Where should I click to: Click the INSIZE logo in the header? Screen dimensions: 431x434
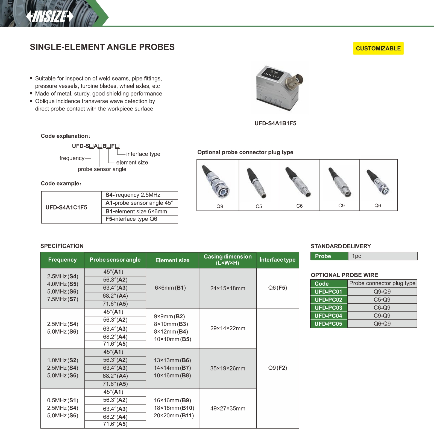(50, 16)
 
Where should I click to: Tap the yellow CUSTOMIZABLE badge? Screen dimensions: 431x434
(378, 48)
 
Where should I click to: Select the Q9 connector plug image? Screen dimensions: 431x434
(218, 182)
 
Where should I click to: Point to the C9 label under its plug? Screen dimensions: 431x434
(341, 206)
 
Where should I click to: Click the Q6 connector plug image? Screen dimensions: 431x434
(379, 182)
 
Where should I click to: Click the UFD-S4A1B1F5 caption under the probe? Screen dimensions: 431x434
(275, 123)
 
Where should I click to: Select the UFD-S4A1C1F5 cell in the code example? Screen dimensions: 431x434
(66, 207)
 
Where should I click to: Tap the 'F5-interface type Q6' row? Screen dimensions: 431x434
(139, 219)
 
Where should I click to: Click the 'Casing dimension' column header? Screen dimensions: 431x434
(228, 260)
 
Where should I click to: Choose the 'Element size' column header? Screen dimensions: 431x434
(172, 260)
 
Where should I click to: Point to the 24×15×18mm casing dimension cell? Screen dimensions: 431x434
(228, 288)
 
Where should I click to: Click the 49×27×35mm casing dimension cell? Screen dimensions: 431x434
(228, 408)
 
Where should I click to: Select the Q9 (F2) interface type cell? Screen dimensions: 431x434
(277, 368)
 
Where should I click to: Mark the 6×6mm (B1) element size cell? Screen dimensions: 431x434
(170, 288)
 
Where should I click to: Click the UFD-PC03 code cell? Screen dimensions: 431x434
(328, 308)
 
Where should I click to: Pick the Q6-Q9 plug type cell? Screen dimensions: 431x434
(382, 324)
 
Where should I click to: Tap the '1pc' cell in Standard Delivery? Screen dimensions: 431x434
(383, 256)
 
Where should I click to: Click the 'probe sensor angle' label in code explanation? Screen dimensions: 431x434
(102, 169)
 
